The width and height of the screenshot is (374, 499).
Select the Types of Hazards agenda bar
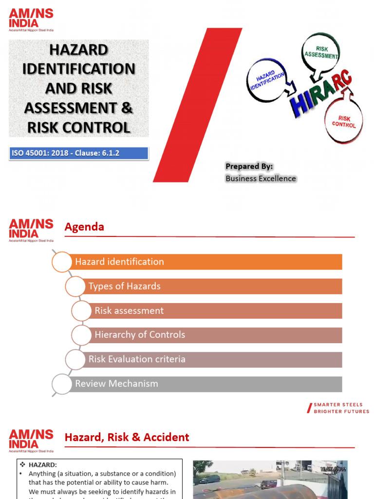(x=214, y=287)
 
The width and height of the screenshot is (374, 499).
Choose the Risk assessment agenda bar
(x=217, y=311)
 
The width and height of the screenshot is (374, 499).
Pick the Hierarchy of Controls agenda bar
(x=217, y=335)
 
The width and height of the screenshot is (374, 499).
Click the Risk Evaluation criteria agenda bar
(x=214, y=360)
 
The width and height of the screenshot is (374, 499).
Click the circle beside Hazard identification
(x=62, y=262)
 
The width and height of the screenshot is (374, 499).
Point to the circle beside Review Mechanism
(x=62, y=384)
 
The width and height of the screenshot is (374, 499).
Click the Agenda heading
(x=84, y=227)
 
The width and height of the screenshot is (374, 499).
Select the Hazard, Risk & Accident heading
(x=127, y=438)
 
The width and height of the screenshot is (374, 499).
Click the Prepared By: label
(x=249, y=167)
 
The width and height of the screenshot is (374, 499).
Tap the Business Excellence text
(x=261, y=178)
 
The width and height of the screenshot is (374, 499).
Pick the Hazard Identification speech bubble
(x=267, y=80)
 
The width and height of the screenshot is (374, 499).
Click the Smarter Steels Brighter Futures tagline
(x=340, y=408)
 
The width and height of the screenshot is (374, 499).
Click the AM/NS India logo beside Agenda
(x=31, y=230)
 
